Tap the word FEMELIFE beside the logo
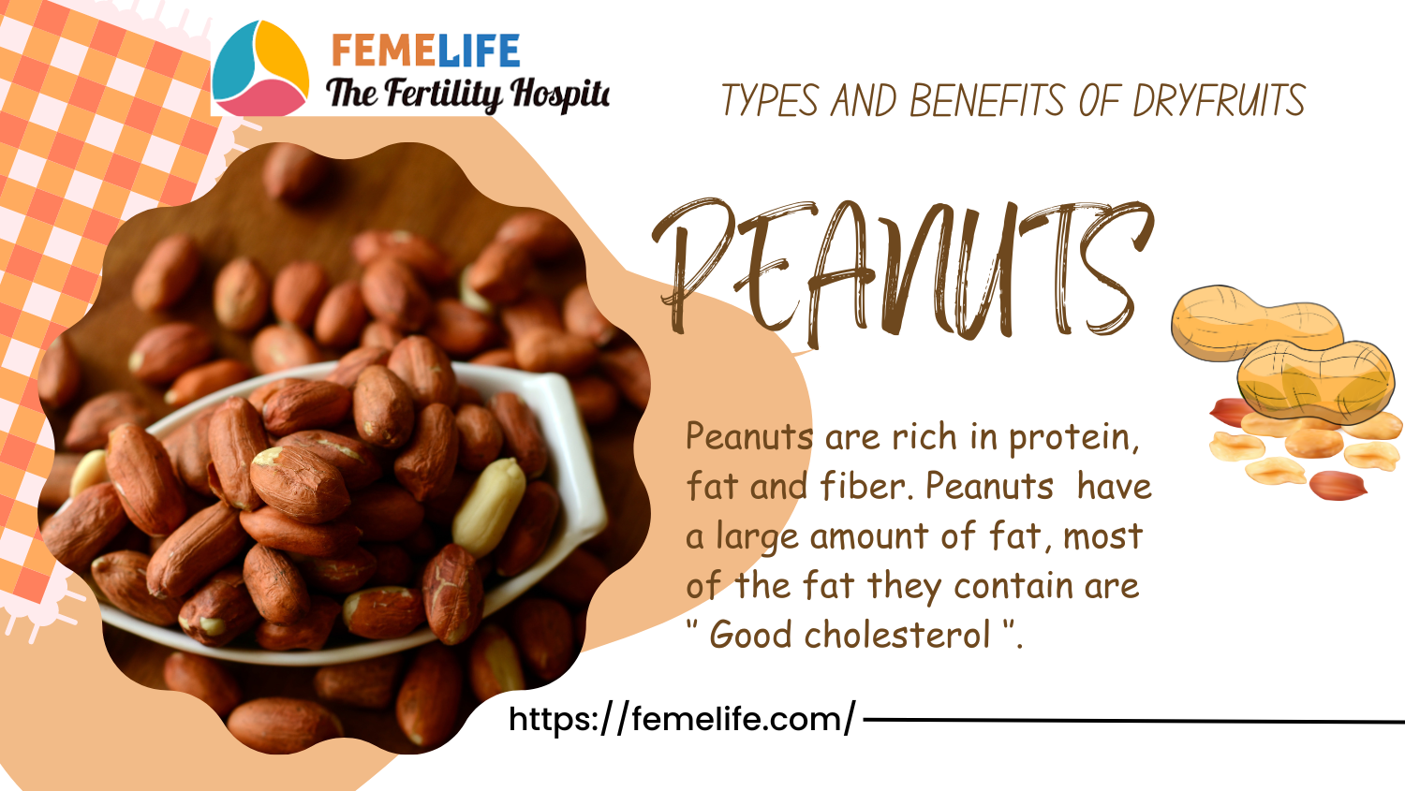pos(425,51)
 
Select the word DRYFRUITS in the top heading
pos(1220,100)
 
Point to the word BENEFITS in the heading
pos(987,100)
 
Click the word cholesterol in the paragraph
pos(897,635)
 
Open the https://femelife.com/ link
pos(682,718)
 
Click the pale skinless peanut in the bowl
pos(489,506)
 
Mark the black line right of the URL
pos(1134,721)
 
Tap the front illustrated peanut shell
pos(1315,381)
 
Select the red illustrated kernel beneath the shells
pos(1338,485)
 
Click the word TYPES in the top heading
pos(770,100)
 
